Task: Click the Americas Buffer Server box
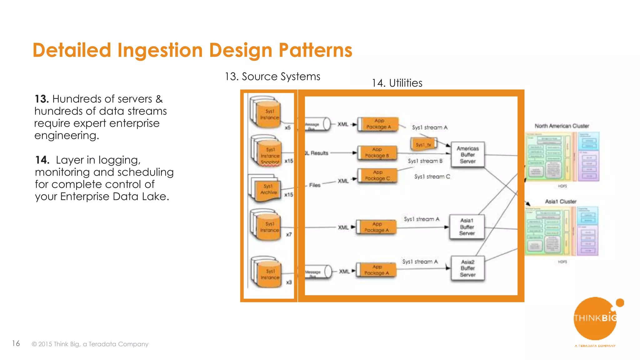click(x=467, y=155)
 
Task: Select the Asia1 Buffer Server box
click(x=467, y=227)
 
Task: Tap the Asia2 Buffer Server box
click(x=467, y=268)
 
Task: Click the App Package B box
click(x=377, y=153)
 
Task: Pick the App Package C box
click(x=377, y=175)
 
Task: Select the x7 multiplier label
click(x=289, y=234)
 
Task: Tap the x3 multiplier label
click(x=289, y=282)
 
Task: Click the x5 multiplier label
click(x=287, y=127)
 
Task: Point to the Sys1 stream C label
click(x=432, y=177)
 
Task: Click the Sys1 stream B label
click(x=425, y=161)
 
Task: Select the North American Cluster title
click(x=562, y=126)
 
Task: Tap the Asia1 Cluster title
click(x=561, y=202)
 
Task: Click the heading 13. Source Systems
click(x=272, y=77)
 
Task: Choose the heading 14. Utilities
click(x=397, y=83)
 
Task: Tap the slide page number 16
click(x=16, y=343)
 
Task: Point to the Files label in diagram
click(x=315, y=185)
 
